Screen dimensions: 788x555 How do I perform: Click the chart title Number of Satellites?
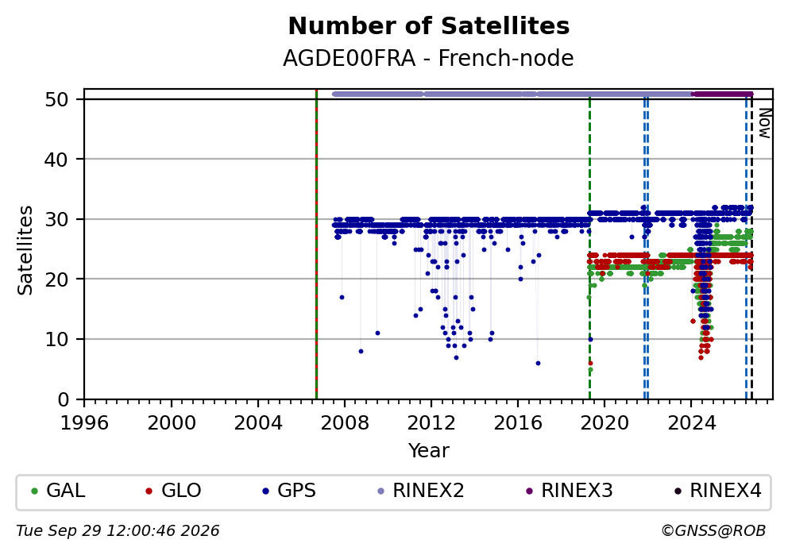(x=429, y=26)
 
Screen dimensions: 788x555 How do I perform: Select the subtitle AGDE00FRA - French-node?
(x=428, y=58)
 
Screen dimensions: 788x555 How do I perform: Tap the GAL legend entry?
(x=59, y=490)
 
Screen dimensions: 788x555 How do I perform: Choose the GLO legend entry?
(x=173, y=490)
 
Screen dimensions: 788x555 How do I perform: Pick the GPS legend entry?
(x=289, y=490)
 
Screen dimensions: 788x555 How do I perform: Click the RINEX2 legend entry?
(x=421, y=490)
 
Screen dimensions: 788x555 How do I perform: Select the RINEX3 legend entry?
(x=570, y=490)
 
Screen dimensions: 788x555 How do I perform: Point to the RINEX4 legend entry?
(x=718, y=490)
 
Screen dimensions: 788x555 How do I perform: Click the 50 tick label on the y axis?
(x=56, y=99)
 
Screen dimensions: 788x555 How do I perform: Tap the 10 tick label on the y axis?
(x=56, y=340)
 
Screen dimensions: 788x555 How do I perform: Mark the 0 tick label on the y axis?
(x=64, y=400)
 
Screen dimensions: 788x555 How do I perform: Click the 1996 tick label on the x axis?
(x=84, y=423)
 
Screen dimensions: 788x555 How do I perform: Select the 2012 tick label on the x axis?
(x=431, y=423)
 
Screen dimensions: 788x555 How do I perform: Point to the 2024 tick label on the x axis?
(x=691, y=423)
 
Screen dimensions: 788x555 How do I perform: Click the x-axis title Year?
(x=429, y=450)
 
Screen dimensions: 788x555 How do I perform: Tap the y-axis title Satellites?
(x=25, y=250)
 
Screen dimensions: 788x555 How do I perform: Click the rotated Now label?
(x=764, y=124)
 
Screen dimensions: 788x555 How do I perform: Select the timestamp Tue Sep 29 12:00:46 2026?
(x=118, y=531)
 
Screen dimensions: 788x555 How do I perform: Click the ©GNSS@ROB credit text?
(x=713, y=531)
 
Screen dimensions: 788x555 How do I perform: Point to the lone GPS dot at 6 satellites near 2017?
(x=538, y=363)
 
